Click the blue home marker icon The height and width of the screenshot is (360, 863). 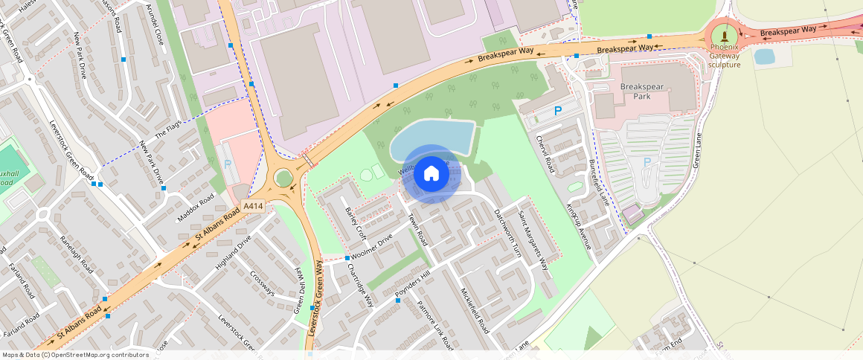(431, 174)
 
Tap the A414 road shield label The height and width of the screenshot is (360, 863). (254, 208)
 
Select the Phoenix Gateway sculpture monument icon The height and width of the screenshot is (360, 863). (724, 36)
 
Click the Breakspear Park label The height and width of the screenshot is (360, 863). (641, 91)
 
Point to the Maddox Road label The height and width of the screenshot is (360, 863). (196, 208)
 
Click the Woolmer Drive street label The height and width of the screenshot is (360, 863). (371, 248)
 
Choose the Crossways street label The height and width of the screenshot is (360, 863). (263, 283)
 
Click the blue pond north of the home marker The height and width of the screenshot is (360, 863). (431, 135)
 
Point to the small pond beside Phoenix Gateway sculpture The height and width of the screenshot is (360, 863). (764, 57)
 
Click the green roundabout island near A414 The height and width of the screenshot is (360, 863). (283, 178)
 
